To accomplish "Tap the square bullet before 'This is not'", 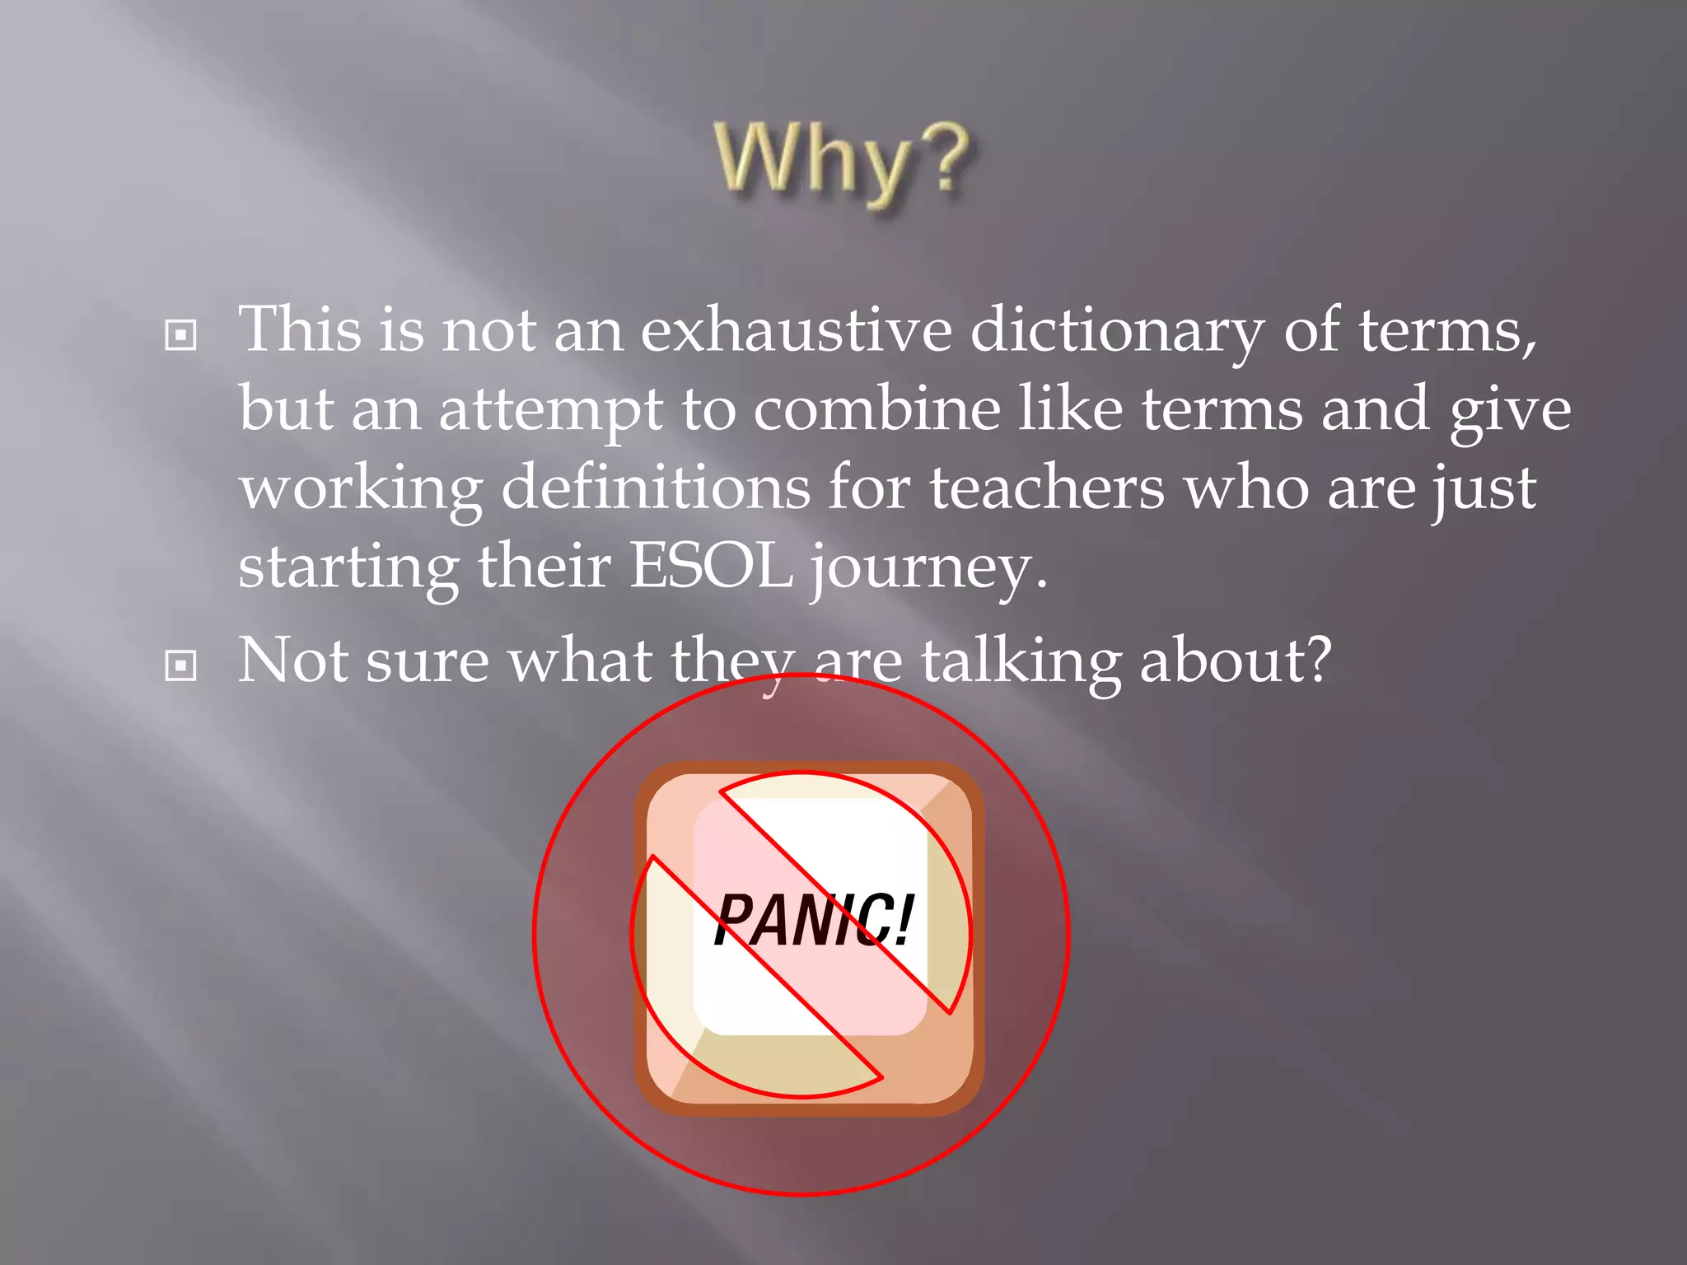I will [180, 335].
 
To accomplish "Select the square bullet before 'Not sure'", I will [180, 665].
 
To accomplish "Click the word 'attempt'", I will [550, 411].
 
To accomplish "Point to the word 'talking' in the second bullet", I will [1021, 662].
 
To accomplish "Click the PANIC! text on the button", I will [813, 920].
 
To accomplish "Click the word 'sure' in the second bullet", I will [427, 662].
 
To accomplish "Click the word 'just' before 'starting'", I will [1484, 490].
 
